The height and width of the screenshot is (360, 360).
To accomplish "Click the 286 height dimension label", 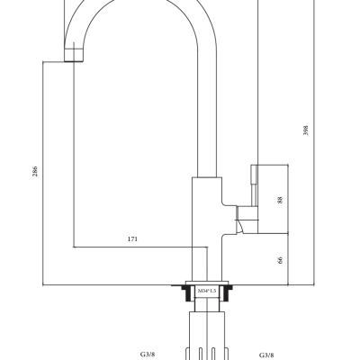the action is [35, 171].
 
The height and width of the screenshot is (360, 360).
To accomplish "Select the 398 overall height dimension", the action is [306, 130].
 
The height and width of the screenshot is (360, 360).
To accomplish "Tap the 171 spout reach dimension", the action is [132, 239].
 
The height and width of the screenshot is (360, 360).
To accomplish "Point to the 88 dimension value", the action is [280, 200].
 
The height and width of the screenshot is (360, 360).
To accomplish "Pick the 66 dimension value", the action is [280, 260].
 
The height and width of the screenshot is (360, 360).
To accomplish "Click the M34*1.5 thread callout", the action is [207, 291].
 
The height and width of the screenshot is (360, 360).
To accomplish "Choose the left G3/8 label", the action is [148, 355].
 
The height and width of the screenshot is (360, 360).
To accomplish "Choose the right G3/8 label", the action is [266, 355].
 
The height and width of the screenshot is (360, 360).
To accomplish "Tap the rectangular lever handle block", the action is [273, 199].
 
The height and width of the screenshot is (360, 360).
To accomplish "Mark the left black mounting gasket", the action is [187, 292].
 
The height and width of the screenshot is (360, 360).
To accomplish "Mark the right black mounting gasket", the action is [226, 292].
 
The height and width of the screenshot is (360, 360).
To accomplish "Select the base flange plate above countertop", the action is [207, 283].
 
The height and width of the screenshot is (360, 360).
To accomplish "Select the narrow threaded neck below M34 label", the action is [207, 304].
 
